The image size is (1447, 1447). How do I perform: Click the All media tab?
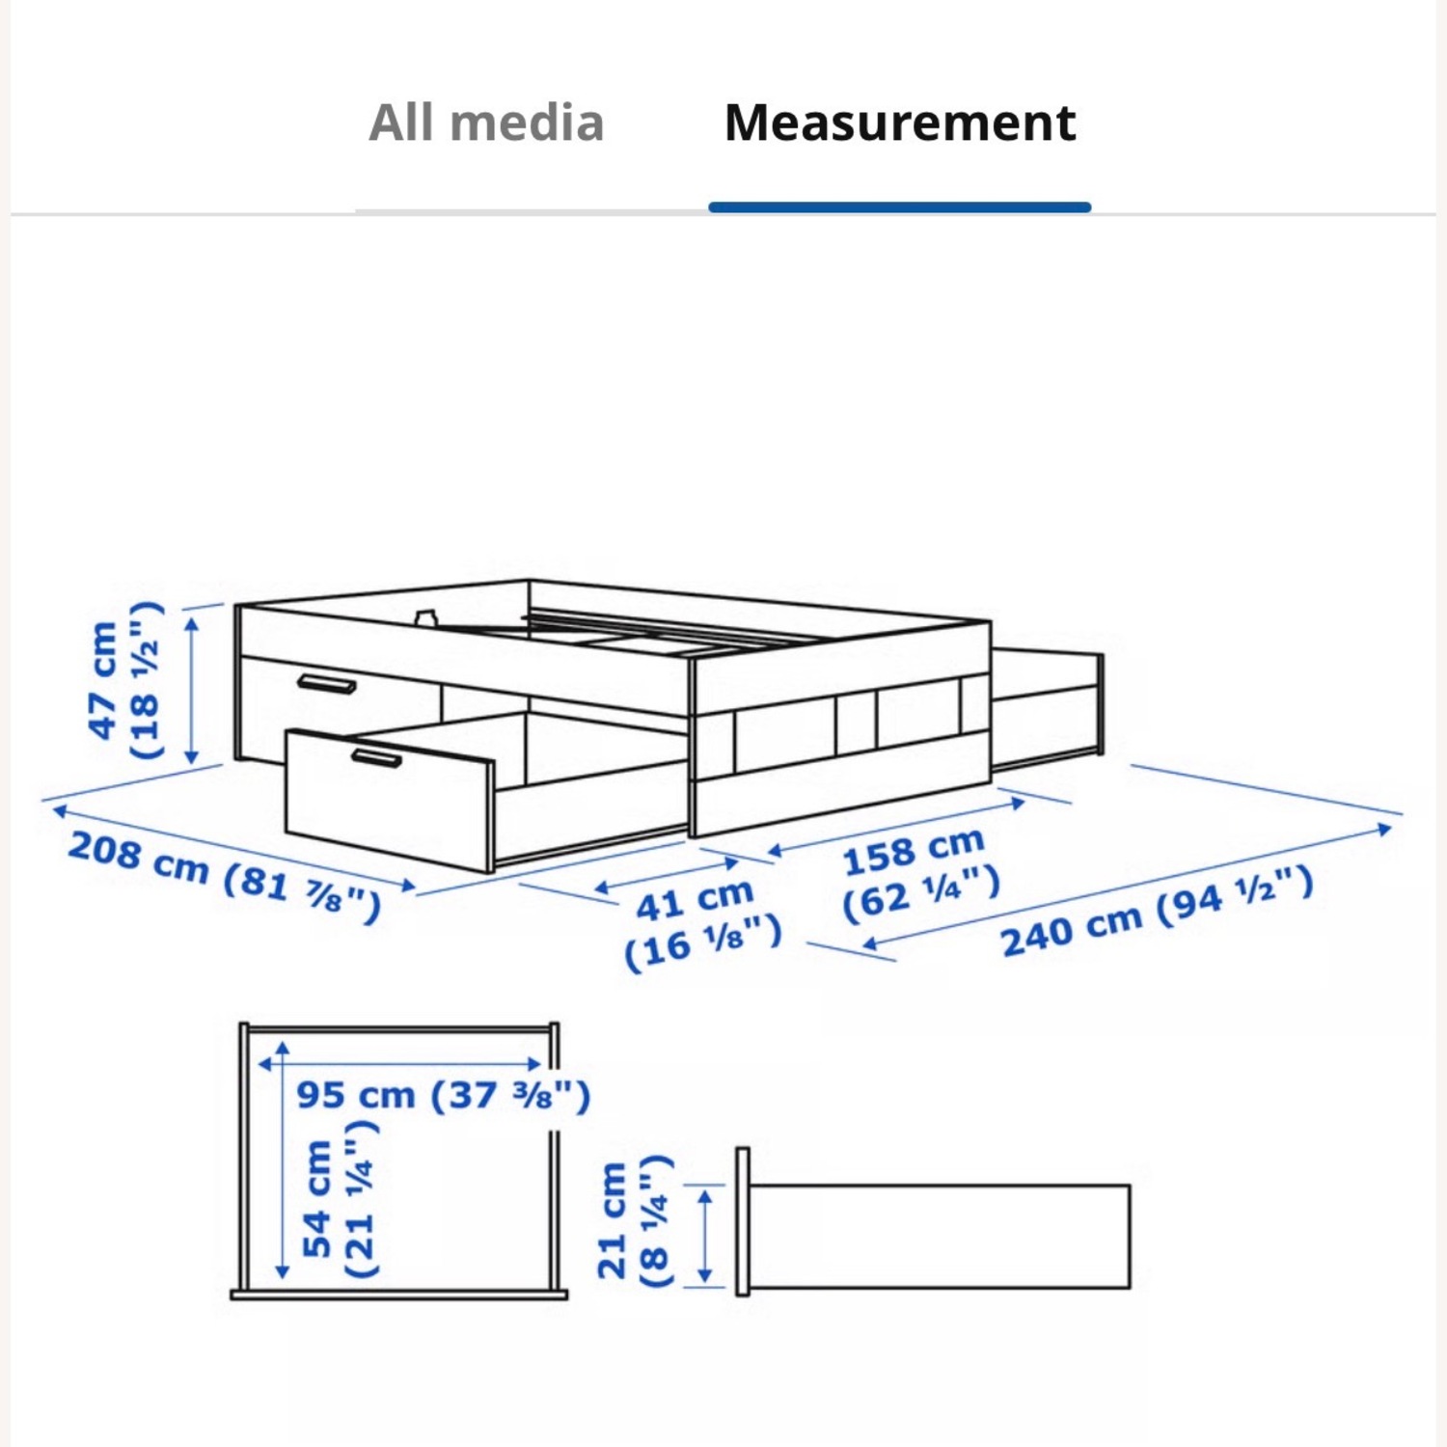pyautogui.click(x=486, y=123)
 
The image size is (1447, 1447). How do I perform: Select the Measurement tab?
pyautogui.click(x=899, y=123)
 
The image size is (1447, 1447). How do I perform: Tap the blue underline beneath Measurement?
pyautogui.click(x=899, y=206)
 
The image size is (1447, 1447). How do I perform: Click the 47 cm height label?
pyautogui.click(x=102, y=680)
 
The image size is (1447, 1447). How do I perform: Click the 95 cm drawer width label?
pyautogui.click(x=355, y=1096)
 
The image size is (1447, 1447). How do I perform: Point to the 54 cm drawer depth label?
pyautogui.click(x=317, y=1199)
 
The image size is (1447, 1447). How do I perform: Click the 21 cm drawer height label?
pyautogui.click(x=612, y=1220)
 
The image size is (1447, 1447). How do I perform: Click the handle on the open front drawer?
pyautogui.click(x=376, y=758)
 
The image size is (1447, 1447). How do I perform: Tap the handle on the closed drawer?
pyautogui.click(x=326, y=684)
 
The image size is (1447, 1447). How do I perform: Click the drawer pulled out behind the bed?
pyautogui.click(x=1048, y=709)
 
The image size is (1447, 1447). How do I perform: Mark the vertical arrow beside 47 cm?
pyautogui.click(x=192, y=691)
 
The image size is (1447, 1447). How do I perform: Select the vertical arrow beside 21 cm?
pyautogui.click(x=705, y=1236)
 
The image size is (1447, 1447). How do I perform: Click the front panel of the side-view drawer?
pyautogui.click(x=742, y=1221)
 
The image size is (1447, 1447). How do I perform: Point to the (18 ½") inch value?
pyautogui.click(x=145, y=680)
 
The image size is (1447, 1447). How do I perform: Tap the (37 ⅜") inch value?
pyautogui.click(x=509, y=1096)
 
